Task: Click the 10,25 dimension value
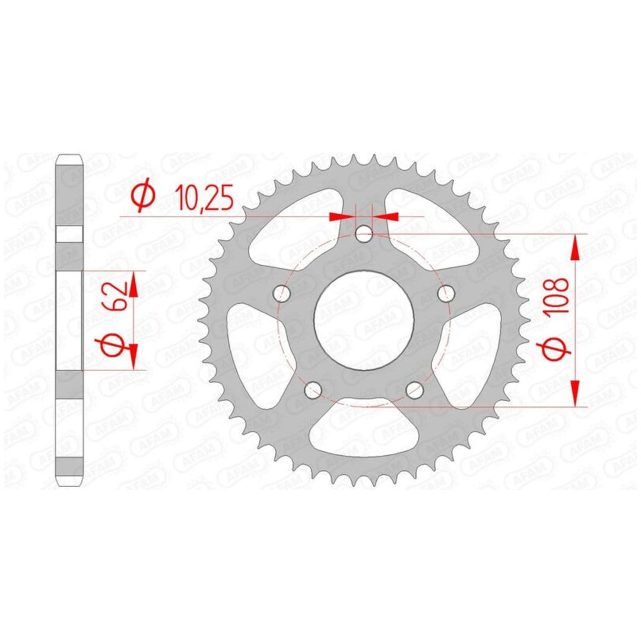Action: click(x=204, y=198)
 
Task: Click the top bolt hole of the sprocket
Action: click(x=364, y=234)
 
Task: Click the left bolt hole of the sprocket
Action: click(x=281, y=293)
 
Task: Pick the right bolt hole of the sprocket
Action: click(x=446, y=293)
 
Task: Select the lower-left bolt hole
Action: click(x=313, y=389)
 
